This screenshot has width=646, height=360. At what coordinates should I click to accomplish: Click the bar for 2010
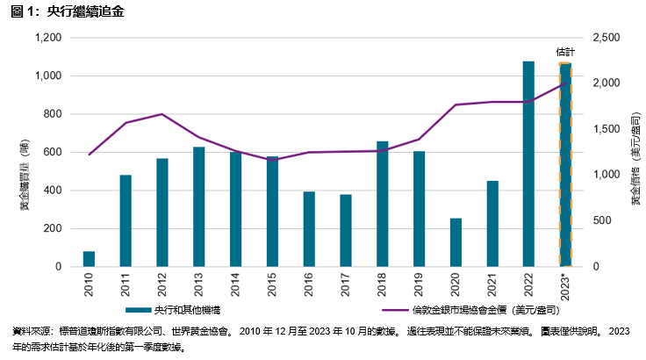coord(89,258)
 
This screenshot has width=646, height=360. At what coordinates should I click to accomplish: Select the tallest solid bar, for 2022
coord(528,163)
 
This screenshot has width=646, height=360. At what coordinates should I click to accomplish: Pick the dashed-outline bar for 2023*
coord(565,164)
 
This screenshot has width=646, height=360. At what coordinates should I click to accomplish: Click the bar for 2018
coord(382,203)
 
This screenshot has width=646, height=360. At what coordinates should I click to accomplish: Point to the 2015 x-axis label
coord(272,285)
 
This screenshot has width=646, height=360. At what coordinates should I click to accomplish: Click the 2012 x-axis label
coord(162,285)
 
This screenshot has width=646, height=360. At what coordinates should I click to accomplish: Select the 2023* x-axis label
coord(565,288)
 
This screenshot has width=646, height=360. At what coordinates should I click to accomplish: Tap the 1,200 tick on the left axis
coord(47,38)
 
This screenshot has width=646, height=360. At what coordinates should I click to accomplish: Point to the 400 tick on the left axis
coord(53,191)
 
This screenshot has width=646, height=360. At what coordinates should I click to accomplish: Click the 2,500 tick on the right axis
coord(607,38)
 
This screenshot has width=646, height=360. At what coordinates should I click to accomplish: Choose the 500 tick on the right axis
coord(601,220)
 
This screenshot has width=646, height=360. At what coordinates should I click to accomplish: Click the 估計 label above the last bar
coord(565,53)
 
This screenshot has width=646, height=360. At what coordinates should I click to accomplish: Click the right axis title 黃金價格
coord(635,158)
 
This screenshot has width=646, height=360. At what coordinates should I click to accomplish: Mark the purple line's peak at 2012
coord(162,114)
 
